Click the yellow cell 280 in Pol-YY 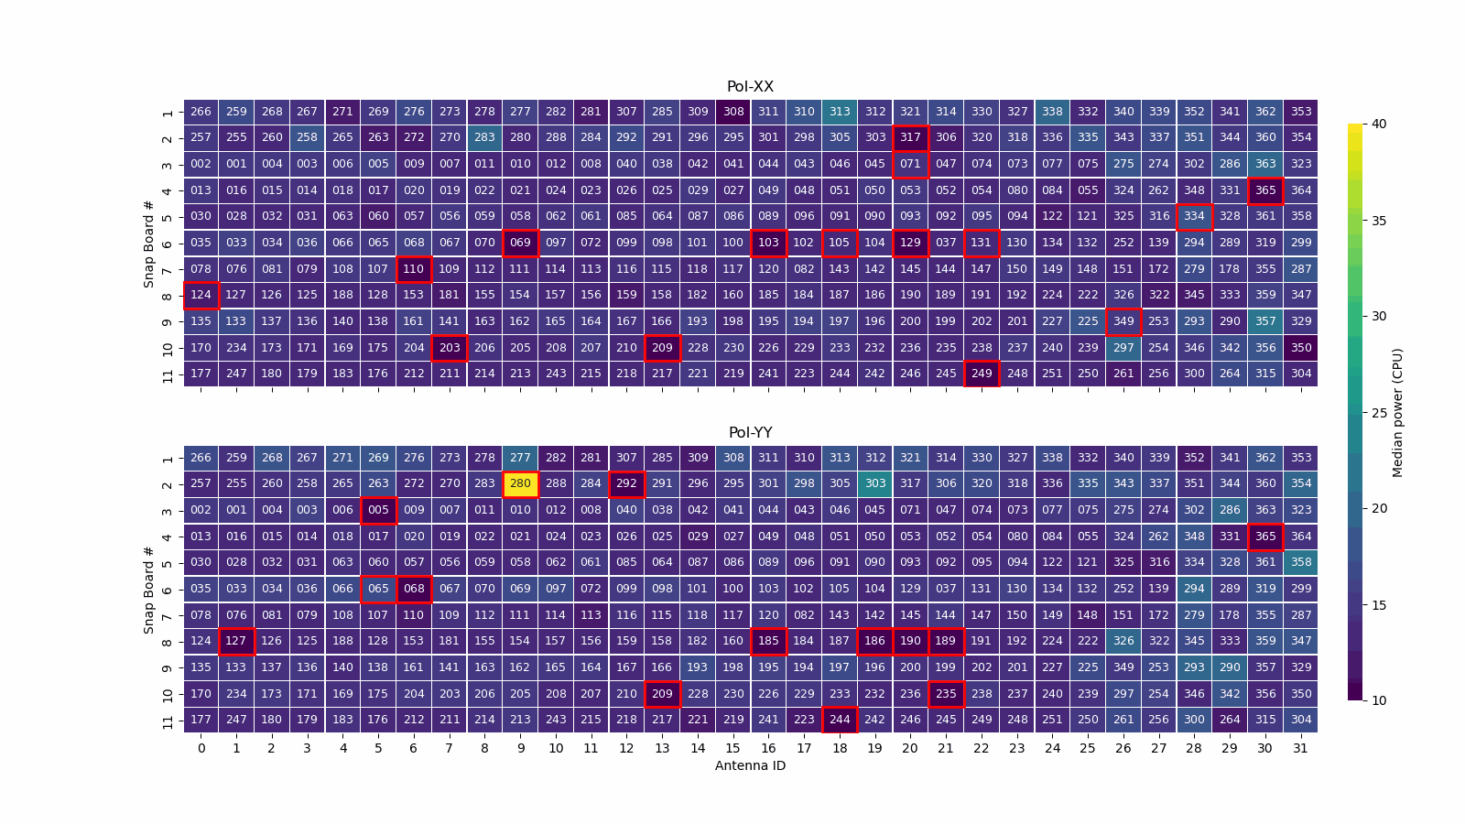(x=520, y=483)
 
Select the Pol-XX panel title (x=750, y=87)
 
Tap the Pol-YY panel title (x=750, y=433)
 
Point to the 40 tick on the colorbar (x=1378, y=125)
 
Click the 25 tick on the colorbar (x=1378, y=413)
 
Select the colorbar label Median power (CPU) (x=1397, y=412)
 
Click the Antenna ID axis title (x=750, y=765)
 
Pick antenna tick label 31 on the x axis (x=1300, y=748)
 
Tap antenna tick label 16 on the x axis (x=768, y=748)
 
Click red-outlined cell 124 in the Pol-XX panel (x=201, y=295)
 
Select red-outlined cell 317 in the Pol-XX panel (x=910, y=137)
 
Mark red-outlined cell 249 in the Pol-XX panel (x=982, y=374)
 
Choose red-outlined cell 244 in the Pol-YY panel (x=840, y=720)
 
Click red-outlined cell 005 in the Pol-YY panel (x=378, y=510)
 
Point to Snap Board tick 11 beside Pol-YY (x=168, y=721)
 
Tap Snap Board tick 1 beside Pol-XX (x=168, y=113)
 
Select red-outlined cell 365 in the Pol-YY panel (x=1265, y=537)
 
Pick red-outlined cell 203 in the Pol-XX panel (x=449, y=348)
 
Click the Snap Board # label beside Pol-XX (x=148, y=243)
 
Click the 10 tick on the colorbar (x=1378, y=700)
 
